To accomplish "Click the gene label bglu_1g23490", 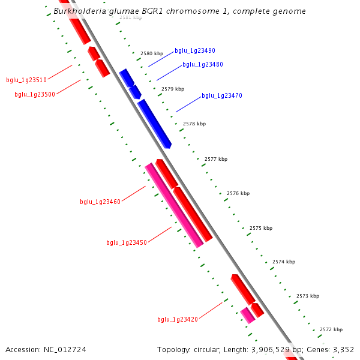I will point(195,51).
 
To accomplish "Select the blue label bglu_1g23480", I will point(203,64).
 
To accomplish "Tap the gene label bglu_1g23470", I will point(222,95).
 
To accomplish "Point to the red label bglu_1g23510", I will point(26,80).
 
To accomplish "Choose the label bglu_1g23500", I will point(35,94).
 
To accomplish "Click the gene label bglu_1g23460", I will point(100,202).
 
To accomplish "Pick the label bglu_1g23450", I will point(127,242).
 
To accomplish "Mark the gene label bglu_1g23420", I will point(178,319).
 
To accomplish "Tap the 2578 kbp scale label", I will point(194,124).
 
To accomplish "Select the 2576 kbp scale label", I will point(238,193).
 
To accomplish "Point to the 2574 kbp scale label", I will point(284,262).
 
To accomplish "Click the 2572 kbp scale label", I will point(331,329).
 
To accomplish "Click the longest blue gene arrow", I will point(155,124).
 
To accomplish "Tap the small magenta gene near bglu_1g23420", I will point(247,315).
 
